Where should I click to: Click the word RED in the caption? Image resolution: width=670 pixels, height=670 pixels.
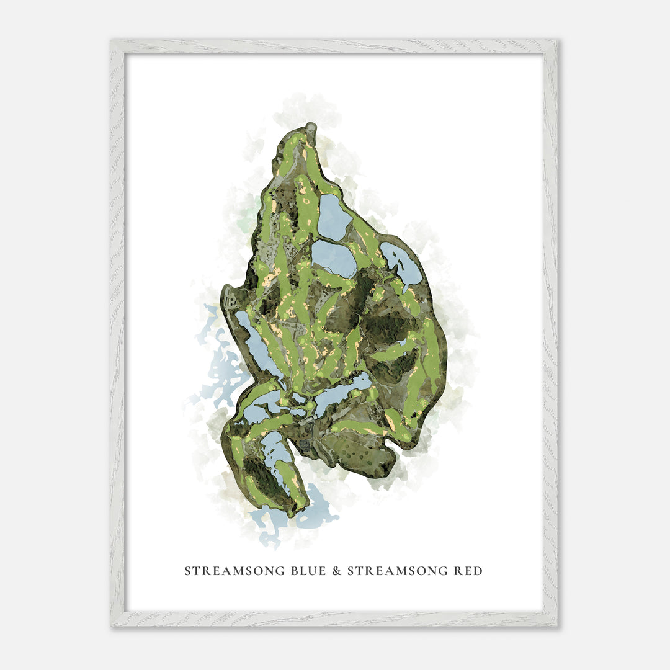click(468, 571)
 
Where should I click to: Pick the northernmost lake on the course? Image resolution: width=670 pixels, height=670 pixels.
click(333, 217)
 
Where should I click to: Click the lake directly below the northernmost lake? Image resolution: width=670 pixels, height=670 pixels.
click(333, 258)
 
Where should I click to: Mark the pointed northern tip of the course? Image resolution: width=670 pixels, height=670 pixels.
click(308, 128)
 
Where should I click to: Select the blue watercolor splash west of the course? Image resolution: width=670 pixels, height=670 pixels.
click(220, 372)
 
